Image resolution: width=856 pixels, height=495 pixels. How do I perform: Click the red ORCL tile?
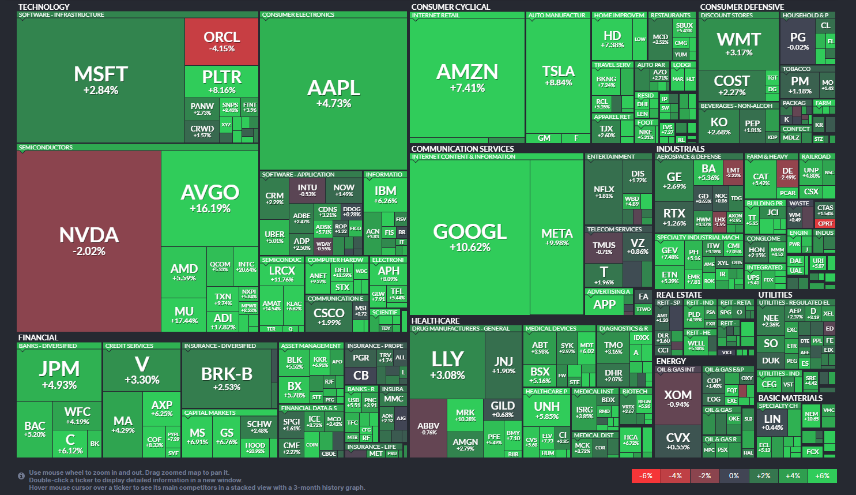[x=221, y=42]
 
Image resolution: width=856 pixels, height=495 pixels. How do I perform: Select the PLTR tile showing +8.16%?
[x=221, y=81]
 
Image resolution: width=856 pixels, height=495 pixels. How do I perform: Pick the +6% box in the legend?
[x=822, y=476]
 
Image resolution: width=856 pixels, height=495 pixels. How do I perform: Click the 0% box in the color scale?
[x=734, y=476]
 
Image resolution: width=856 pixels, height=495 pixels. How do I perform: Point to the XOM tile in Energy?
[x=677, y=398]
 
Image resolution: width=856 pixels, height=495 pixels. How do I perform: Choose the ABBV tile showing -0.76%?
[x=428, y=428]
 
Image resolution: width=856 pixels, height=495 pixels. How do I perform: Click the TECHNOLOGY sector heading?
[x=44, y=7]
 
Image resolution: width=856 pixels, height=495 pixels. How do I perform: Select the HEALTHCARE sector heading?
[x=435, y=321]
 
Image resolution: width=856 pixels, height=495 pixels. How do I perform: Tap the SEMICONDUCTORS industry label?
[x=46, y=148]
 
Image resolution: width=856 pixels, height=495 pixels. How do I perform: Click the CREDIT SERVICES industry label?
[x=129, y=346]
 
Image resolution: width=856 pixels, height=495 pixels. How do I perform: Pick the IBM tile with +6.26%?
[x=385, y=194]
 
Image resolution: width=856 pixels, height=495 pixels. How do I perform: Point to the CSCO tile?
[x=329, y=316]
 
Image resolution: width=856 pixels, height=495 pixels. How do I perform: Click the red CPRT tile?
[x=825, y=224]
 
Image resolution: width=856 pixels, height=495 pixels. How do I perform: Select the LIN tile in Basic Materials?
[x=772, y=422]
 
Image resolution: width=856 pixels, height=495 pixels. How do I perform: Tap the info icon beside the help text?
[x=21, y=476]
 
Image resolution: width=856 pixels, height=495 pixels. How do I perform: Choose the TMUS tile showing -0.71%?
[x=604, y=247]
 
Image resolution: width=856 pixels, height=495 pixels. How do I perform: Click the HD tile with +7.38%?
[x=612, y=39]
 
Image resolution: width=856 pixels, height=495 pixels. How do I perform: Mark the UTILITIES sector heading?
[x=775, y=295]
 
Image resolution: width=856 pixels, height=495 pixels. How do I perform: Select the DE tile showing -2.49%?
[x=787, y=173]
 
